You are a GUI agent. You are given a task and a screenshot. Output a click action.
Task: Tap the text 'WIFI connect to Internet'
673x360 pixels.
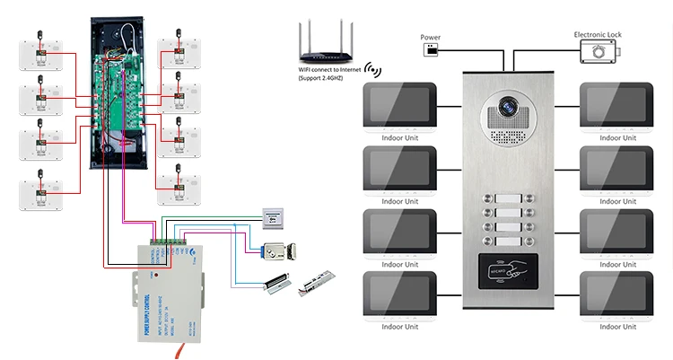pyautogui.click(x=331, y=71)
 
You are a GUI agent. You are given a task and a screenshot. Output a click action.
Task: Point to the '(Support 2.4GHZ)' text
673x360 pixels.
pyautogui.click(x=322, y=80)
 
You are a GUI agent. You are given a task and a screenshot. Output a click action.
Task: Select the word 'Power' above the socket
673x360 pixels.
pyautogui.click(x=431, y=37)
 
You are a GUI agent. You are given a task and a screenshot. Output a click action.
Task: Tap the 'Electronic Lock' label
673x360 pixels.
pyautogui.click(x=598, y=35)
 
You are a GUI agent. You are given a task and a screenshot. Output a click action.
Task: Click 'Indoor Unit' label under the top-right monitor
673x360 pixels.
pyautogui.click(x=616, y=138)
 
